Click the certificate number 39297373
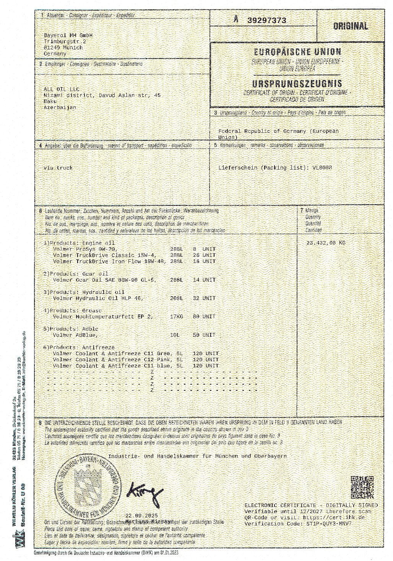pos(266,21)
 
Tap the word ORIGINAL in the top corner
pos(350,26)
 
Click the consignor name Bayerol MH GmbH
pos(63,35)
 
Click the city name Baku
pos(50,101)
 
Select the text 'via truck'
pos(58,168)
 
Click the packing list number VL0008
pos(322,168)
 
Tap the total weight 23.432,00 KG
pos(326,243)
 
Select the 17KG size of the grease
pos(176,316)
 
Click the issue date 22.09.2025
pos(141,515)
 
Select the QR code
pos(362,487)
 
